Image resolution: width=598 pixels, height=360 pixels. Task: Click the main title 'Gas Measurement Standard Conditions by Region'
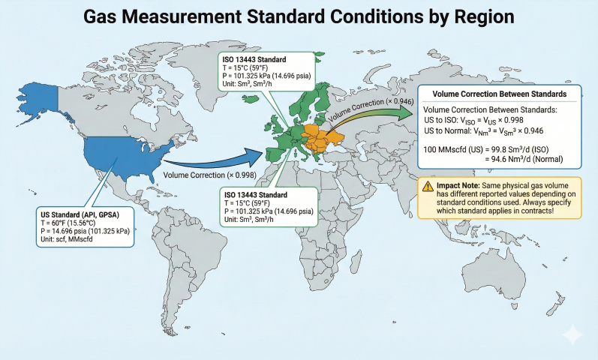299,16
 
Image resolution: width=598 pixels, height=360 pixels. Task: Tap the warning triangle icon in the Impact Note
426,184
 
